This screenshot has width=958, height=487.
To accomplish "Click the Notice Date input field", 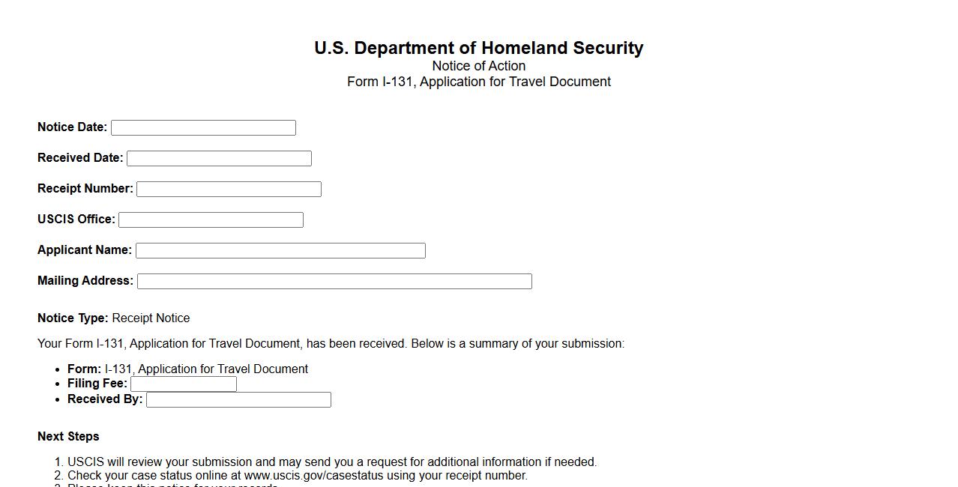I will (x=203, y=128).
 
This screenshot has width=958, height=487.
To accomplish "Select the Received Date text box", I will (x=219, y=159).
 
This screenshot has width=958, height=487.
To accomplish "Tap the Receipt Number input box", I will (x=229, y=190).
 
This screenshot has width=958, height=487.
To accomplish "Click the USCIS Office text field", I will (x=211, y=220).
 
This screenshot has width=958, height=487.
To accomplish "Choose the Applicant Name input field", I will (x=280, y=251).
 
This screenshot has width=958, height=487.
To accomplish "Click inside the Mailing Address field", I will (x=334, y=282).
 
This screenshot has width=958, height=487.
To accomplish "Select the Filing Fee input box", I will (x=184, y=384).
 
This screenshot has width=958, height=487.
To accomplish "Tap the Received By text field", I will (x=238, y=400).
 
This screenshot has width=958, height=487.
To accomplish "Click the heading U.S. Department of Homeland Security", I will (x=478, y=48).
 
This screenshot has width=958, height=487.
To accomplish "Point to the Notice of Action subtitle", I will (x=478, y=66).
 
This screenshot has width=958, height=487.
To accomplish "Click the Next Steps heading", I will (x=68, y=437).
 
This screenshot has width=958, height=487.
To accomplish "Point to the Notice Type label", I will (x=73, y=318).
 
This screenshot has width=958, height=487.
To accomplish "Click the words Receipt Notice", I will (x=151, y=318).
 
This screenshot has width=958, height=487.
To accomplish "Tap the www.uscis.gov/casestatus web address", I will (x=310, y=476).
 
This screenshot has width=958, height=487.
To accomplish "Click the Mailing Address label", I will (x=85, y=281).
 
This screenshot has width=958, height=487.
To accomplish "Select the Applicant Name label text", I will (x=85, y=250).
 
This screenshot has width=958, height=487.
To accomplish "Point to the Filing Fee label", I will (x=97, y=384).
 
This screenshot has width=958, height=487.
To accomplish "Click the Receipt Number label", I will (x=85, y=189).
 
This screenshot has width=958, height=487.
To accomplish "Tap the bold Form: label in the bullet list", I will (x=84, y=369).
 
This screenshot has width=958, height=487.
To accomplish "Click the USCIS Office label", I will (x=76, y=220).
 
